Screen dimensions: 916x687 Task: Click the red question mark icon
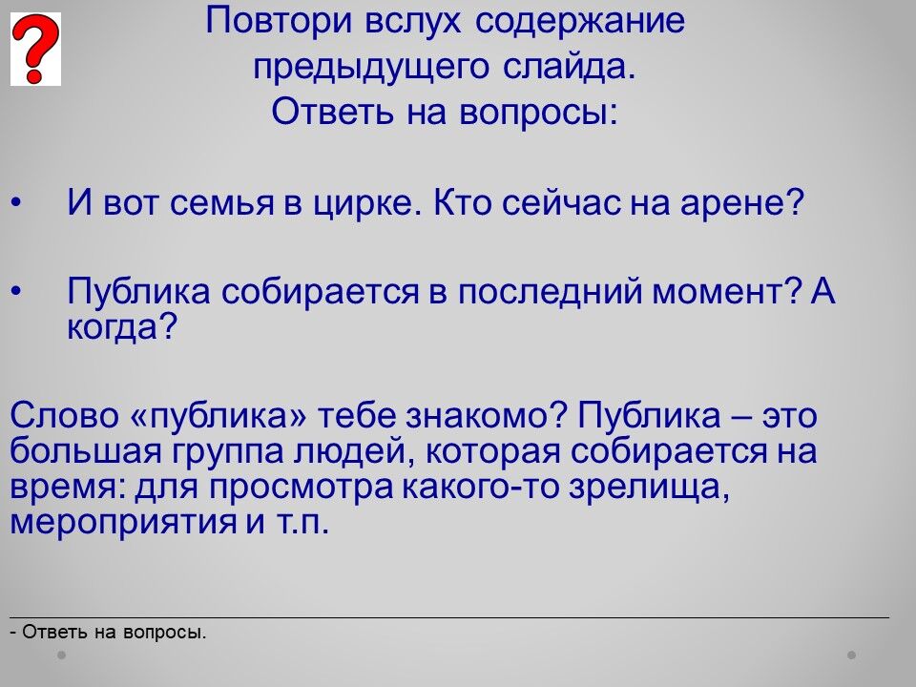point(35,49)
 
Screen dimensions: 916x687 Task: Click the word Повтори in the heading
point(280,20)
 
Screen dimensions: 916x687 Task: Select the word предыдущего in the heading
point(371,67)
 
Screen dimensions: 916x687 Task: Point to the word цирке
point(367,203)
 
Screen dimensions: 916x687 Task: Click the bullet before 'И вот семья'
point(16,203)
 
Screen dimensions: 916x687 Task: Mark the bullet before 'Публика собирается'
point(16,290)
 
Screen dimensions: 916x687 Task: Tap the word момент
point(725,291)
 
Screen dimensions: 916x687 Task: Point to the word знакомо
point(486,416)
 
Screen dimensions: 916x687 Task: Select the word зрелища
point(650,488)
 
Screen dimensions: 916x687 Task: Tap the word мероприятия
point(122,522)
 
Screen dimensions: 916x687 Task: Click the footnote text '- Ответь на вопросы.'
point(109,632)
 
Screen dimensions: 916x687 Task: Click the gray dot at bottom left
point(61,655)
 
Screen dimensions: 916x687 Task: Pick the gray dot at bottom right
point(852,655)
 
